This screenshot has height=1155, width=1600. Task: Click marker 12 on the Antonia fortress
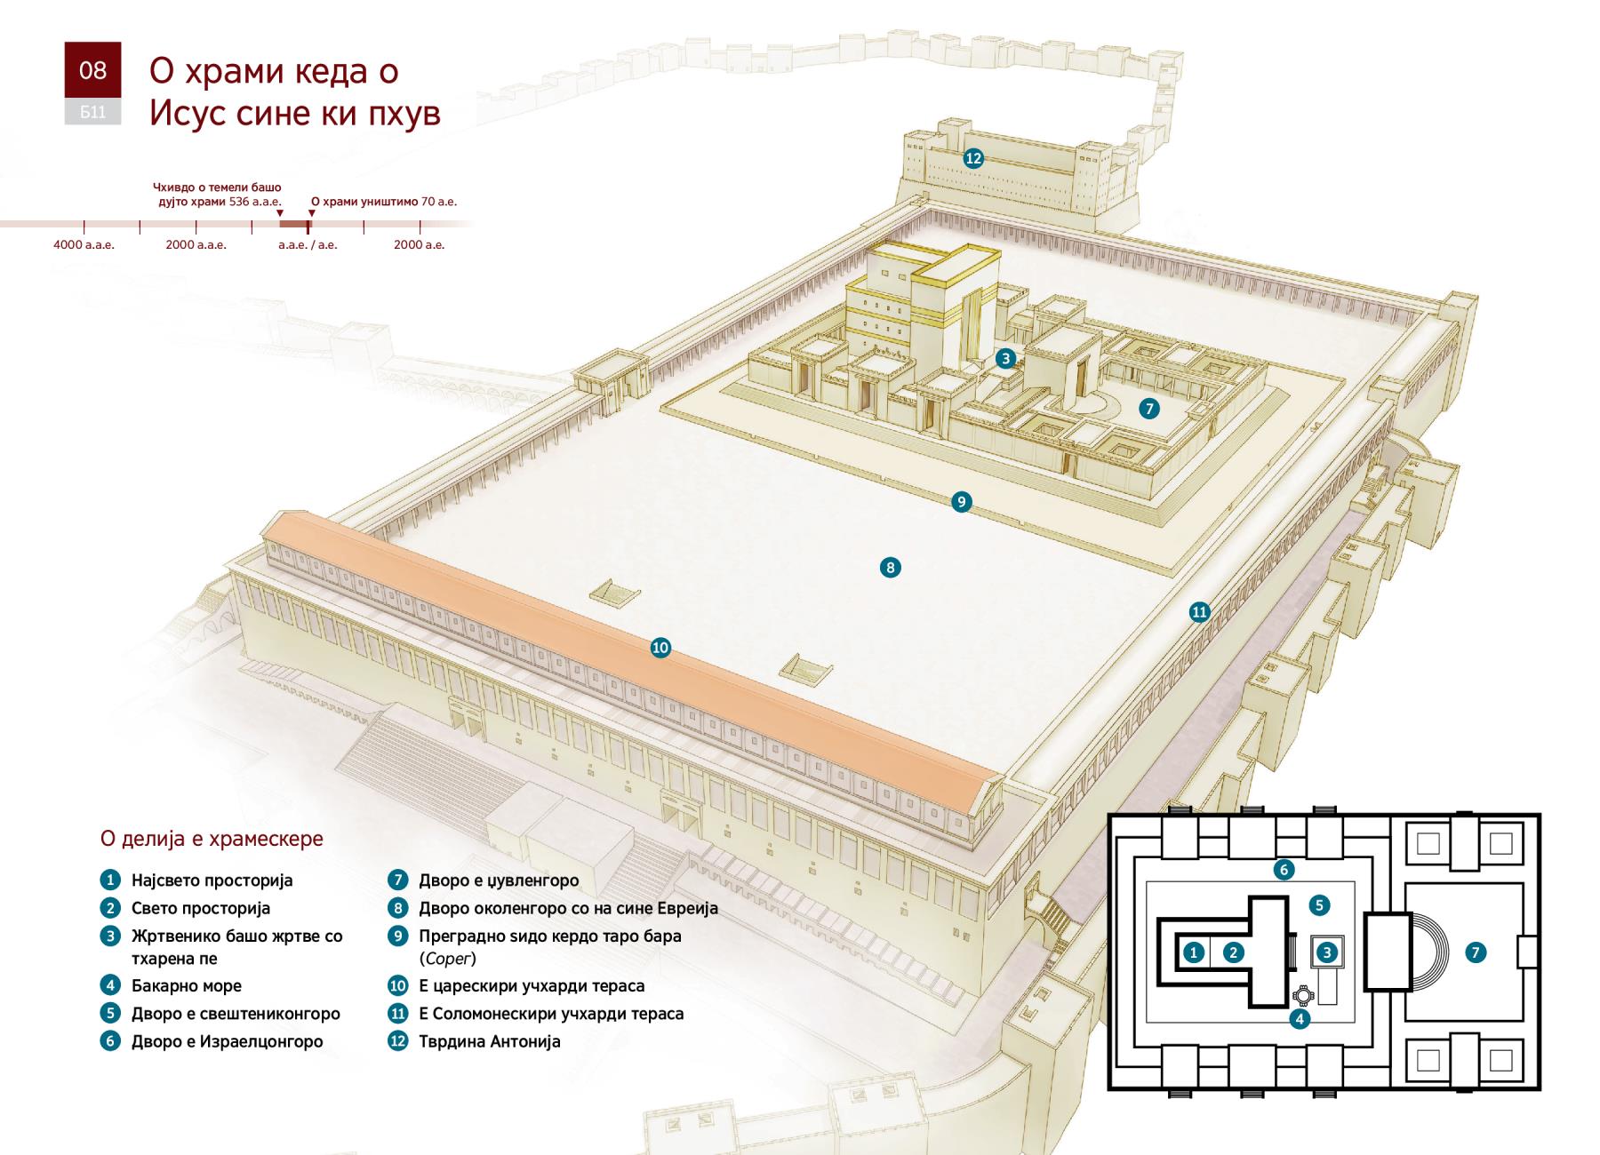[x=973, y=158]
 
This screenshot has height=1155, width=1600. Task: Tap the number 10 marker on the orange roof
[x=660, y=648]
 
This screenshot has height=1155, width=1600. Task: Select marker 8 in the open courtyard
[x=890, y=567]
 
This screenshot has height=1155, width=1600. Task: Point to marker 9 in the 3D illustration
[x=961, y=502]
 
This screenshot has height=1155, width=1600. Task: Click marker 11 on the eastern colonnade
[x=1200, y=611]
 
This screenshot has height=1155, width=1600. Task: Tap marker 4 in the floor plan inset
[x=1300, y=1018]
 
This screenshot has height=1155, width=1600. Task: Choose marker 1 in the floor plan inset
[x=1194, y=952]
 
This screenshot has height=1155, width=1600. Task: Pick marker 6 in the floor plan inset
[x=1283, y=869]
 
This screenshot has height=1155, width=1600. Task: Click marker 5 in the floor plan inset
[x=1319, y=905]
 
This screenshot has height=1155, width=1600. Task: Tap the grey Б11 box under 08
[x=92, y=112]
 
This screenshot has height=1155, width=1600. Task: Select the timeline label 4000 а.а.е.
[x=84, y=244]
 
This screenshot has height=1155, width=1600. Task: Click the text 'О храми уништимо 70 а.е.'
[x=384, y=202]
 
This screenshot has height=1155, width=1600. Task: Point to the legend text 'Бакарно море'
[x=187, y=985]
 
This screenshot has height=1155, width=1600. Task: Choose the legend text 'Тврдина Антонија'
[x=490, y=1041]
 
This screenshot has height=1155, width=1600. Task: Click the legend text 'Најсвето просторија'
[x=212, y=880]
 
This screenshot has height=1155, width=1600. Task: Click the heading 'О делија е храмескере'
[x=212, y=839]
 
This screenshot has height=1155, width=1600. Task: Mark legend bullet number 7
[x=397, y=880]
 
